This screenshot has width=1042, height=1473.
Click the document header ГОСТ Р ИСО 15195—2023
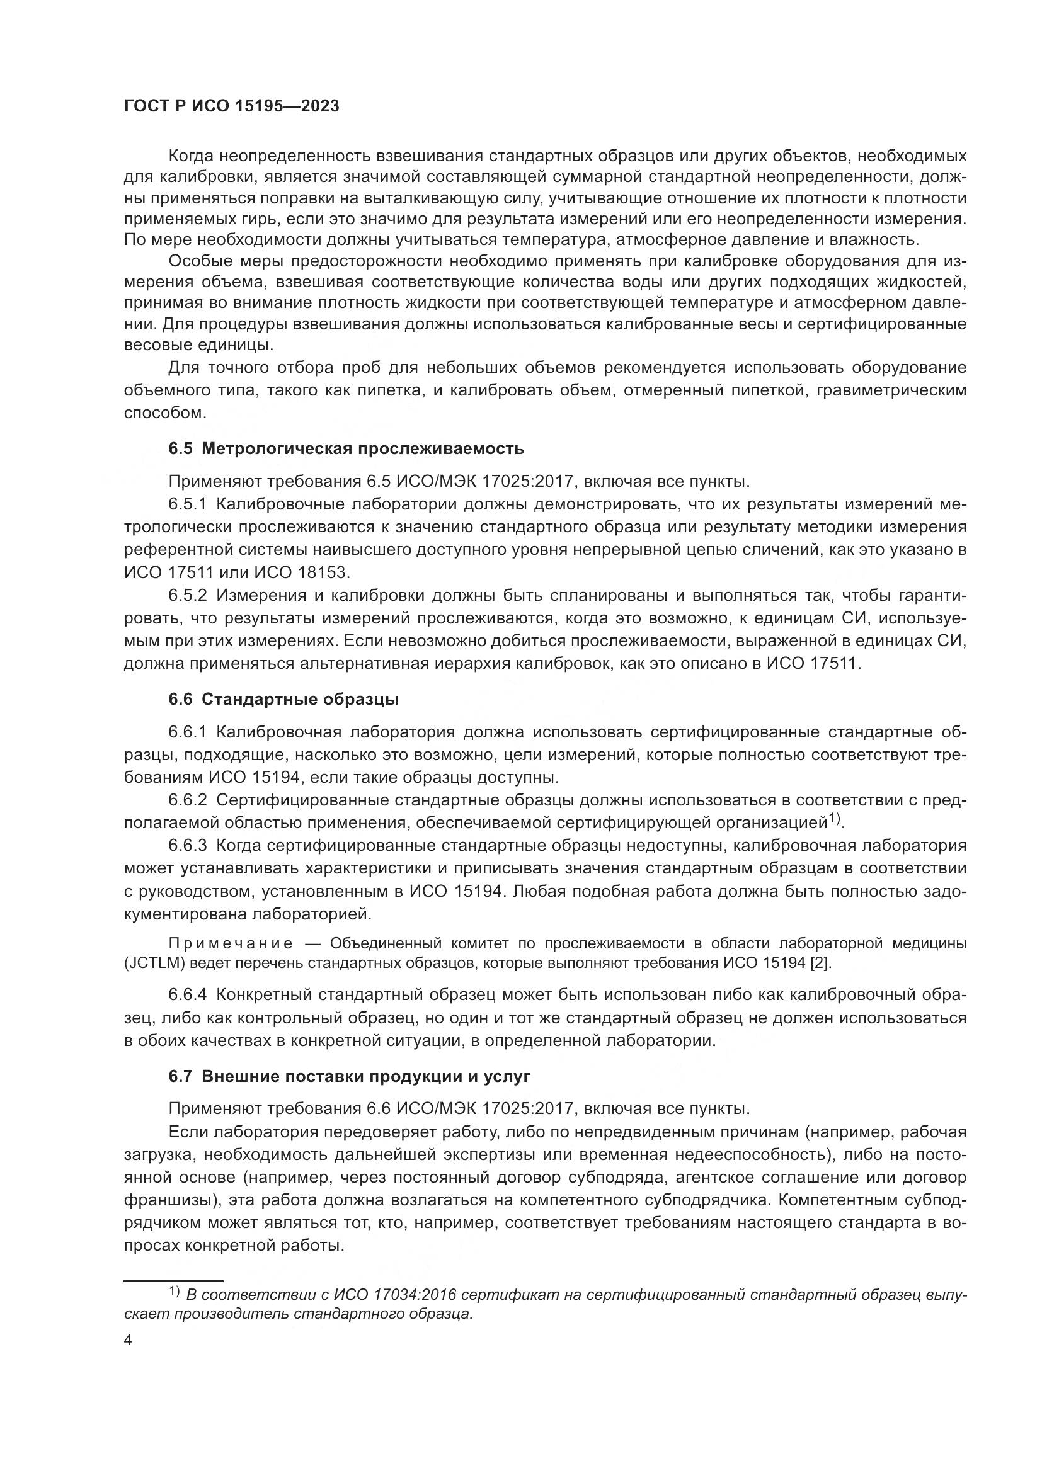pyautogui.click(x=231, y=106)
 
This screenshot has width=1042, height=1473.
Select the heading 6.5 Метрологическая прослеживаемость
pyautogui.click(x=346, y=448)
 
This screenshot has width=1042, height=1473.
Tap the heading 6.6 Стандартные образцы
pyautogui.click(x=283, y=699)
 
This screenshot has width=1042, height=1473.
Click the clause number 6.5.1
pyautogui.click(x=187, y=504)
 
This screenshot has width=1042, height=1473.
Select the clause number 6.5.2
pyautogui.click(x=187, y=595)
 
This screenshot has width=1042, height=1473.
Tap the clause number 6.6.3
pyautogui.click(x=187, y=846)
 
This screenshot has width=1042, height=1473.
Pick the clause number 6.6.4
pyautogui.click(x=187, y=995)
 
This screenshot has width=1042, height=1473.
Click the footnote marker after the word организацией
pyautogui.click(x=833, y=818)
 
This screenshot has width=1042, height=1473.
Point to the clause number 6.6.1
pyautogui.click(x=187, y=732)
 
